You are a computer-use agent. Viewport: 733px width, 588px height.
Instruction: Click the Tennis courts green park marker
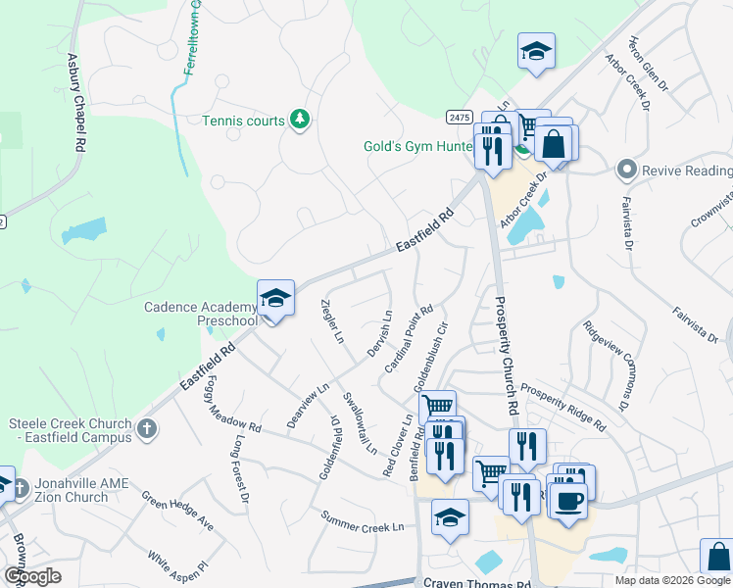pos(301,121)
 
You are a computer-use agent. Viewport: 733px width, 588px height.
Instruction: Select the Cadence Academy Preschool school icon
pos(275,299)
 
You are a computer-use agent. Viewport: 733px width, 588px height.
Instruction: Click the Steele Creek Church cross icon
pos(146,428)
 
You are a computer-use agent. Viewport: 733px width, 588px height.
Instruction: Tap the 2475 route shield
pos(460,116)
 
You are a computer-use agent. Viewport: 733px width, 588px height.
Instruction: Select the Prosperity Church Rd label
pos(507,355)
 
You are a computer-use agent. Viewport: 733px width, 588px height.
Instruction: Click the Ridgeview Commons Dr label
pos(604,364)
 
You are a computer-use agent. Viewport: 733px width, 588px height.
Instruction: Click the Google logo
pos(31,576)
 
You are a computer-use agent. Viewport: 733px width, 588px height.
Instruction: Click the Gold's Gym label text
pos(421,146)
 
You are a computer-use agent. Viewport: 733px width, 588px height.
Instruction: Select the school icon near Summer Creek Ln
pos(450,517)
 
